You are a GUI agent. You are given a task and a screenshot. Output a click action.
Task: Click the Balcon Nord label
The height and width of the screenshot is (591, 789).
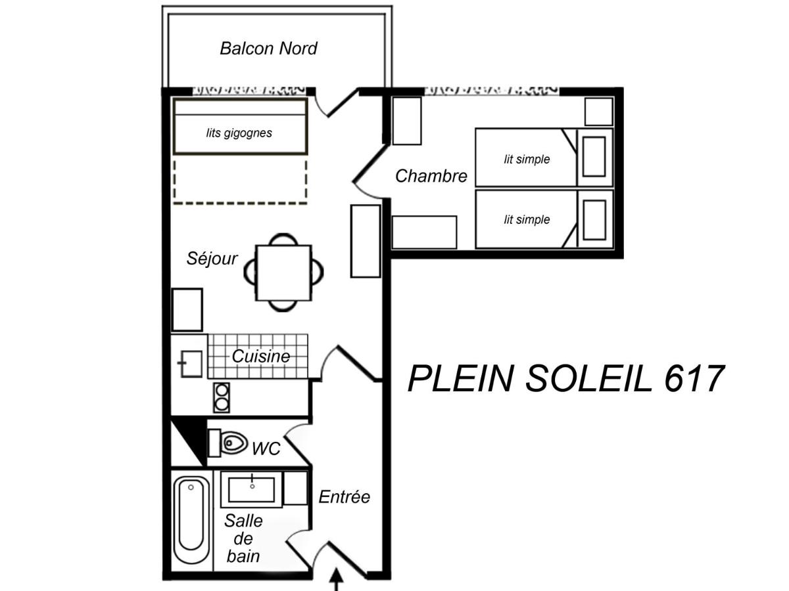tap(268, 49)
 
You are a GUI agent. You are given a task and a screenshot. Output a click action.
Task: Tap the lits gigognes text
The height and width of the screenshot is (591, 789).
tap(239, 133)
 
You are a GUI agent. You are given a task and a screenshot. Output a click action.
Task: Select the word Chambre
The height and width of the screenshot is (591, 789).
tap(431, 176)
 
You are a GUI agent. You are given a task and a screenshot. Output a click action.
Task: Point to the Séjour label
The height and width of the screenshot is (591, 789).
tap(212, 258)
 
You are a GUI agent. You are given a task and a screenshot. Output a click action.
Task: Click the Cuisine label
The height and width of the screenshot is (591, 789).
tap(261, 357)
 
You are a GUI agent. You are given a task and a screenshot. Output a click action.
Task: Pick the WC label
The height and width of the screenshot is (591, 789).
tap(266, 449)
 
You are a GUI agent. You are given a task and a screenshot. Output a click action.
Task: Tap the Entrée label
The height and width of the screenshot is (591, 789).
tap(345, 497)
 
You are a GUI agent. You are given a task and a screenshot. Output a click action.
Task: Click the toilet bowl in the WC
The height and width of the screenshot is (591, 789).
tap(233, 443)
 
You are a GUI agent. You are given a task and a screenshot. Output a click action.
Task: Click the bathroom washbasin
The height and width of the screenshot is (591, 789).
tap(252, 490)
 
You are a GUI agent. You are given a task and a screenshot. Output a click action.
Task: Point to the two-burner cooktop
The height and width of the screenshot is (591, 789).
tap(222, 397)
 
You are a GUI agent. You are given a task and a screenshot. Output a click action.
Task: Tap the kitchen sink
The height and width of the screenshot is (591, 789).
tap(191, 364)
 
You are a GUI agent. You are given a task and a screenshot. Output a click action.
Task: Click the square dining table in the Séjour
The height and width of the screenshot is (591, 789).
tap(283, 273)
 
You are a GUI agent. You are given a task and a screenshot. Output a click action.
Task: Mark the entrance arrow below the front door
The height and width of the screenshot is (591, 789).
tap(337, 579)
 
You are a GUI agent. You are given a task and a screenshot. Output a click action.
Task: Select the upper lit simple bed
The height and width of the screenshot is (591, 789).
tap(526, 158)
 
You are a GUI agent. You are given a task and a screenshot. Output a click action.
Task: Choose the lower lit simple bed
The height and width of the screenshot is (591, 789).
tap(526, 219)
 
